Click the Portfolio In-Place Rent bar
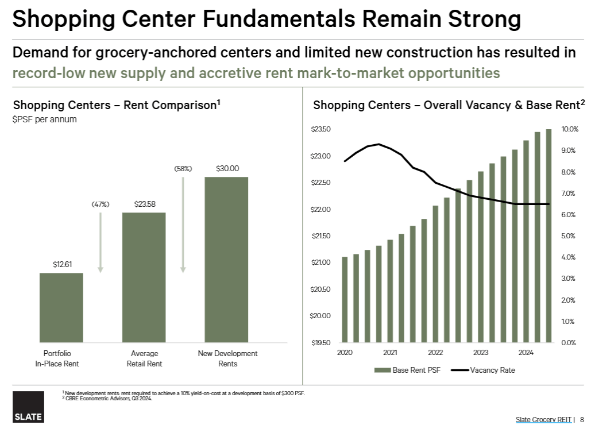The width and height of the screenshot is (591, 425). [x=61, y=307]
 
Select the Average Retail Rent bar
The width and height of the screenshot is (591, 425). [x=144, y=277]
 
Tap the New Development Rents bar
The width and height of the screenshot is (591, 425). [x=227, y=260]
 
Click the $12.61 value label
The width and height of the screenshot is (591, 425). [x=61, y=265]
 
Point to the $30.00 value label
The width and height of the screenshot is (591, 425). [x=227, y=168]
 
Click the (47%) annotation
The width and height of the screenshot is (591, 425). [x=101, y=204]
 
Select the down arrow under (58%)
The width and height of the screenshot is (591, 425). [x=183, y=224]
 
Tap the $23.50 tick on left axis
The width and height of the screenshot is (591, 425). [x=321, y=129]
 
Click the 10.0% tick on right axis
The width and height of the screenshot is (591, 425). [x=570, y=129]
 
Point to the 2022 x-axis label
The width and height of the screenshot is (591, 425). [x=435, y=353]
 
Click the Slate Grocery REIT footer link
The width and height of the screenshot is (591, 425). [x=544, y=419]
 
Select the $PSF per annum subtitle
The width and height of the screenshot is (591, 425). [x=45, y=119]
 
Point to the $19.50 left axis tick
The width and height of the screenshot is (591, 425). [x=321, y=343]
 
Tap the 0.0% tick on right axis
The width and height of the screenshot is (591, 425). [x=570, y=343]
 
